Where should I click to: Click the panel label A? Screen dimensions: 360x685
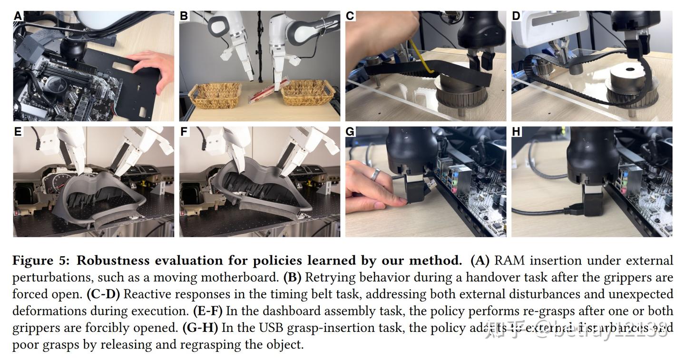(x=18, y=16)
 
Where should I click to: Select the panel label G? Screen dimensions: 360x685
(x=351, y=132)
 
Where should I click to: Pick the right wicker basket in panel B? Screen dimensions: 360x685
(x=307, y=92)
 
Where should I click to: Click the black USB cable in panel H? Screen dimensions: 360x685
(x=542, y=212)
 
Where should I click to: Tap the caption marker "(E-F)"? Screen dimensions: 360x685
(x=208, y=311)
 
